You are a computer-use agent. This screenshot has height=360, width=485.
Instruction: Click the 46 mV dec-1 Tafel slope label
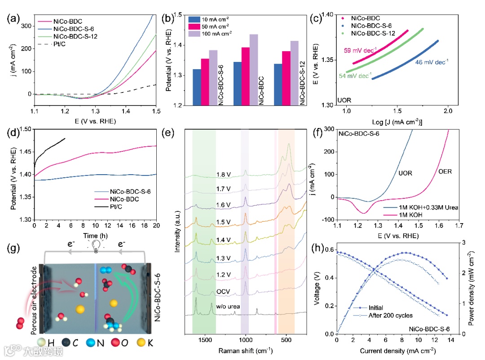[432, 61]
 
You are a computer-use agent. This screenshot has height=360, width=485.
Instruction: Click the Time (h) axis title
[95, 235]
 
